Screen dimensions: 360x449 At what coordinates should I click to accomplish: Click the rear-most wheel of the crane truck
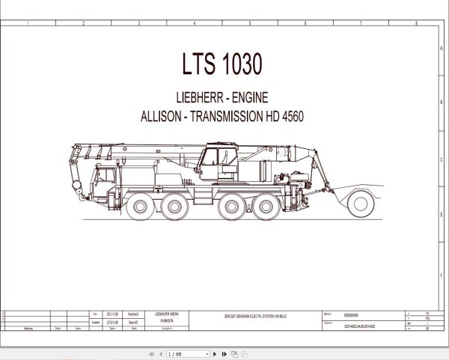266,207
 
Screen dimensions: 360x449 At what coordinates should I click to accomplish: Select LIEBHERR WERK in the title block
167,314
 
